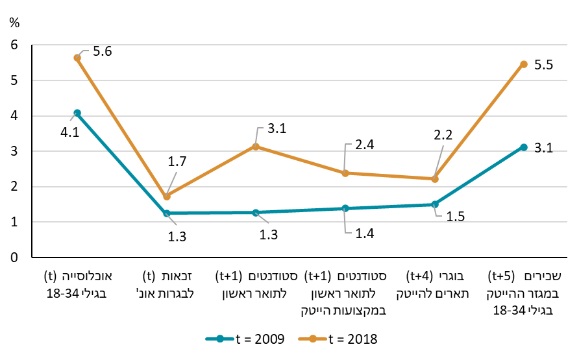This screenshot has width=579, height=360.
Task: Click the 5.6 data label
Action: tap(103, 51)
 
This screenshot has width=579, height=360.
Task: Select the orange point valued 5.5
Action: tap(523, 64)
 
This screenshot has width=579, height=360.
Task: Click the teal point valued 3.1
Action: tap(523, 147)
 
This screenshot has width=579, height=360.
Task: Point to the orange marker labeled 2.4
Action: tap(345, 173)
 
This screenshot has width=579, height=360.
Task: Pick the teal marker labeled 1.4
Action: tap(345, 208)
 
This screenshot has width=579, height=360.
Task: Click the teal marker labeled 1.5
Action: tap(434, 204)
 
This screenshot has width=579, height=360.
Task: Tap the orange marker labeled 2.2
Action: tap(434, 179)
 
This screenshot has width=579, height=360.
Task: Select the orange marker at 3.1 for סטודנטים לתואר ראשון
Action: tap(256, 147)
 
